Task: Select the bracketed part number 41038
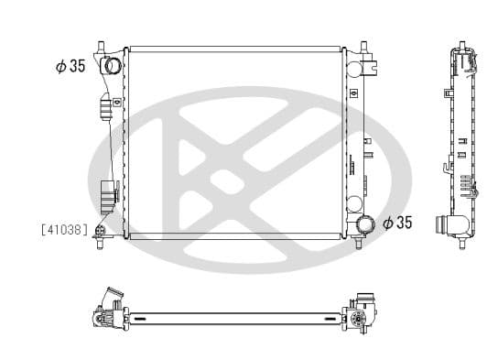64,230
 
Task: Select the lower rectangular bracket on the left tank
108,193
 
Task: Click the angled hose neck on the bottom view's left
114,299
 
